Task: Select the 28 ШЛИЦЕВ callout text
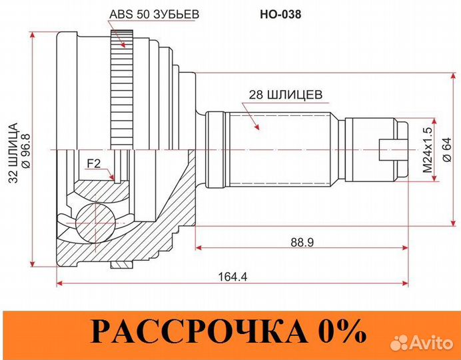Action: [x=285, y=95]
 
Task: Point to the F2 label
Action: [x=95, y=162]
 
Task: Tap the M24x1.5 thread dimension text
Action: [x=427, y=152]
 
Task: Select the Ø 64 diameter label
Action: [x=447, y=152]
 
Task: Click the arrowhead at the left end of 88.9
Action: [x=199, y=248]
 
